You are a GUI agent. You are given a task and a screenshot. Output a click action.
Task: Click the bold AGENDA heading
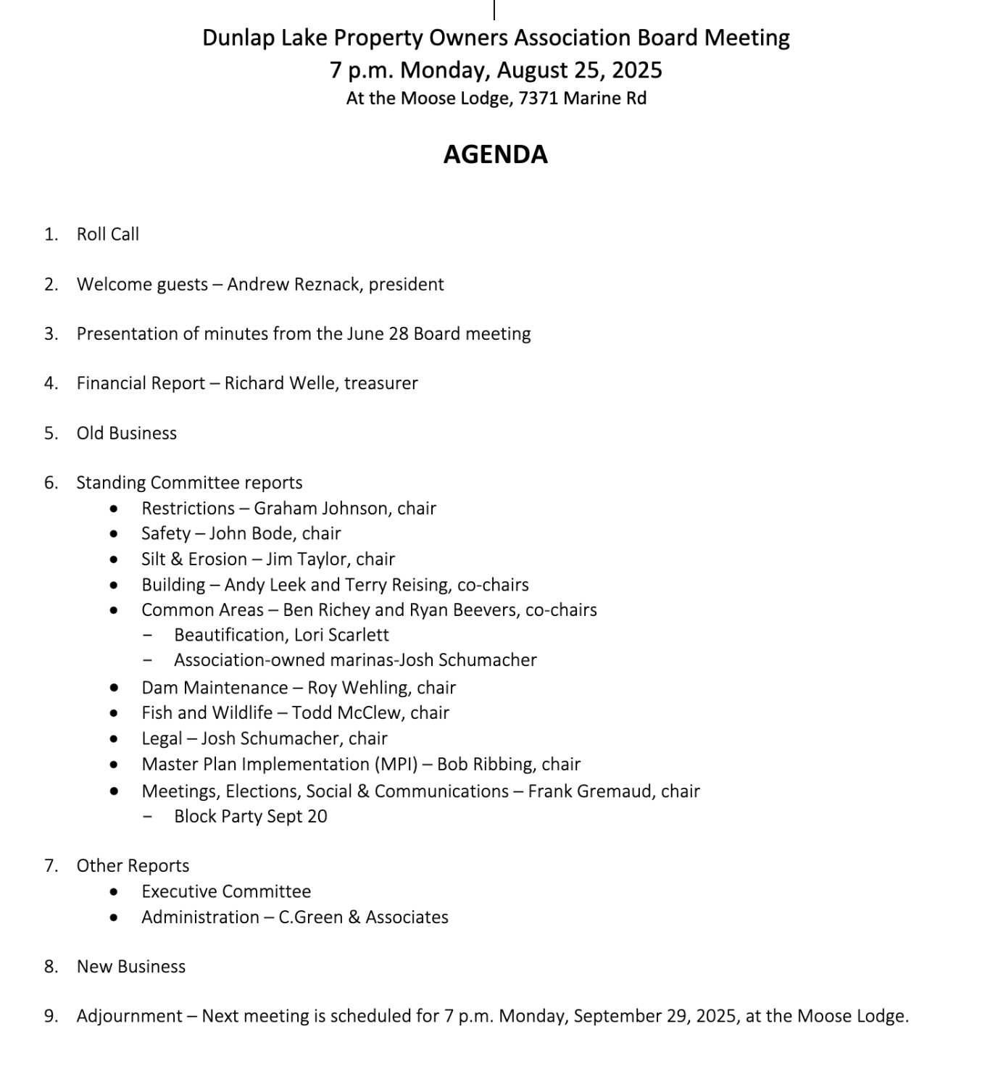tap(495, 154)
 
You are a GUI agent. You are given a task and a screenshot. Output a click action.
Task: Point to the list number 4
tap(50, 383)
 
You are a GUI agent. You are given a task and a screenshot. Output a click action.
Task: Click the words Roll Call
tap(108, 234)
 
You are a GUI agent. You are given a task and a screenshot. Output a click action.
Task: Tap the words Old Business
tap(127, 433)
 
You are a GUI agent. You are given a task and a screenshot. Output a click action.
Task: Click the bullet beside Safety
tap(114, 534)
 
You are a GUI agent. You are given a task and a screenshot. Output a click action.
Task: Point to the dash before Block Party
tap(148, 817)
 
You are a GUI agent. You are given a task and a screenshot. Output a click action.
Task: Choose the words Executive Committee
tap(226, 891)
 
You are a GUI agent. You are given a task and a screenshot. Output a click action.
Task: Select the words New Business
tap(131, 967)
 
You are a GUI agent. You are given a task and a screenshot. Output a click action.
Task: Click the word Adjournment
tap(129, 1016)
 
